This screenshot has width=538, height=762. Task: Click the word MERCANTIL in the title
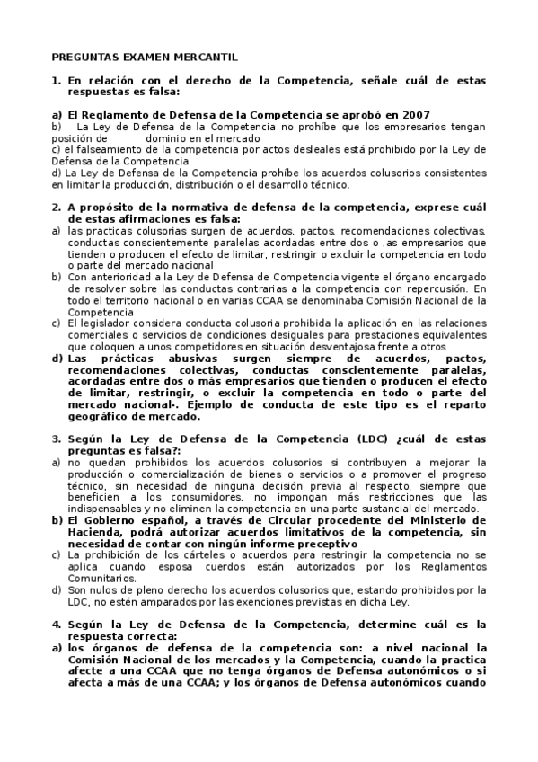207,57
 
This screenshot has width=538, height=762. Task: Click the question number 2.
56,208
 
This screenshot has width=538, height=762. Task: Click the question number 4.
56,625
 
